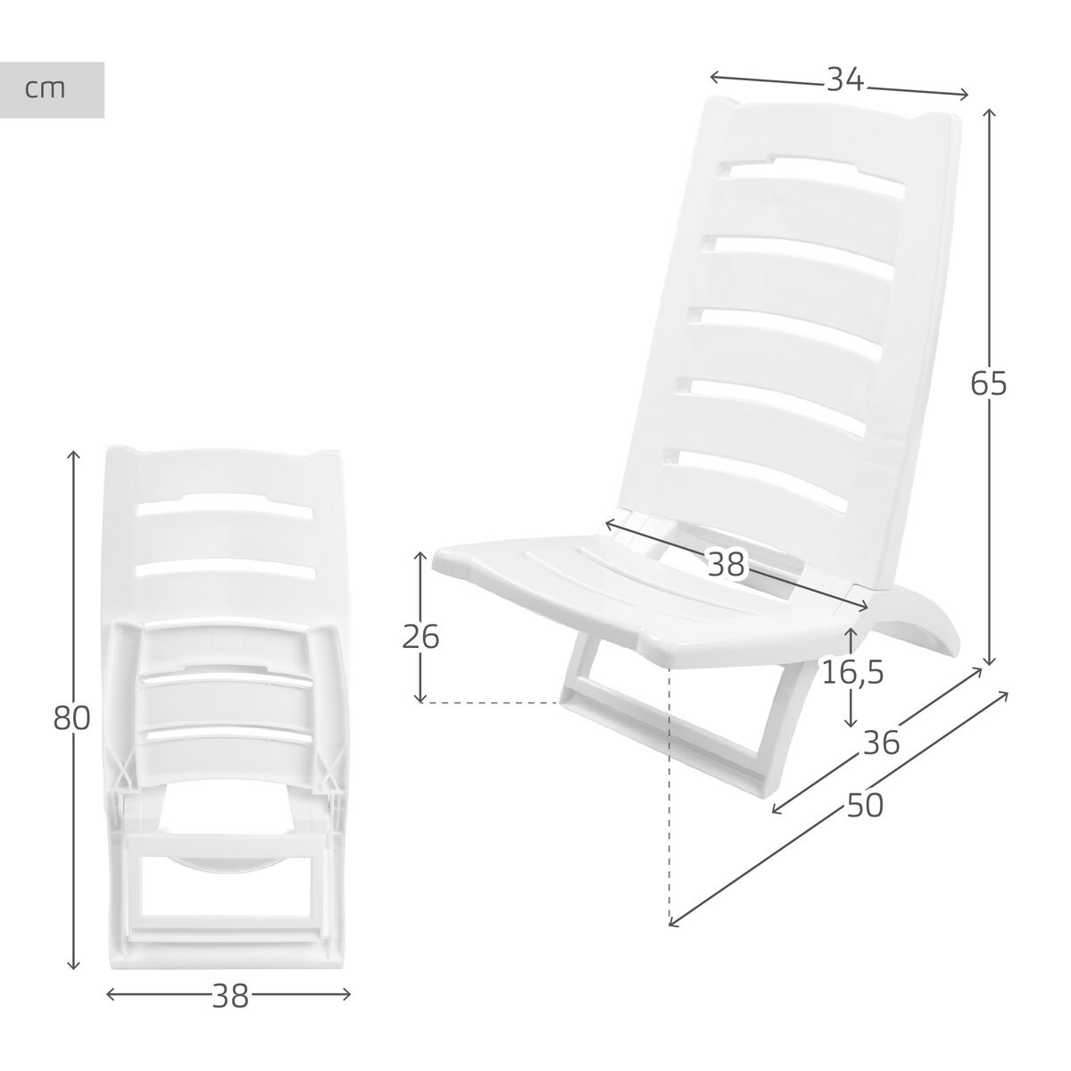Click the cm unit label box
click(x=52, y=90)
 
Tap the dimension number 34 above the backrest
click(x=844, y=80)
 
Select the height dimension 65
click(x=989, y=384)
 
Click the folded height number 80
click(x=71, y=718)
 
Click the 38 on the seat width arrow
click(x=726, y=563)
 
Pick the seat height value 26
click(x=420, y=637)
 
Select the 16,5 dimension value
click(x=852, y=672)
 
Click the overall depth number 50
click(x=864, y=806)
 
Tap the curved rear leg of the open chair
click(x=915, y=625)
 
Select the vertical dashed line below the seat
click(x=668, y=803)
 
